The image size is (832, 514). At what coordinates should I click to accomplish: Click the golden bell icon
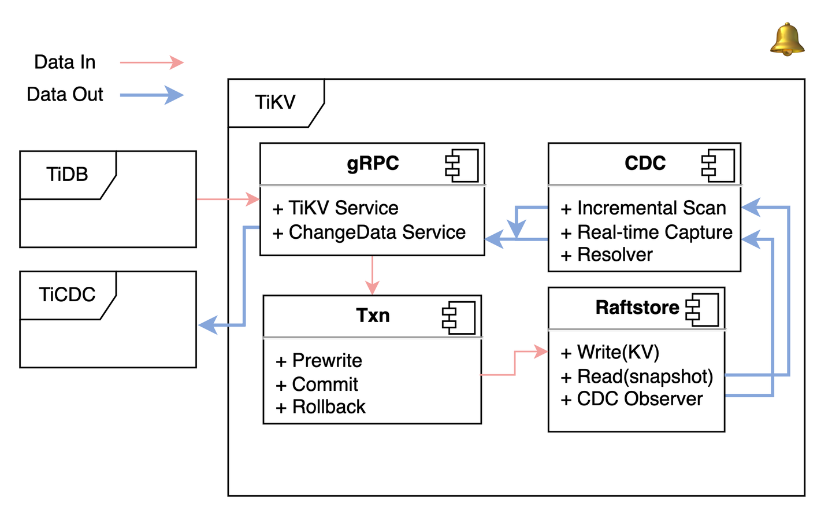(787, 40)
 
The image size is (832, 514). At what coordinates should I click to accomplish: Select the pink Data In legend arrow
(151, 62)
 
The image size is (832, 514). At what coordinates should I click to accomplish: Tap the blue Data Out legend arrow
(151, 95)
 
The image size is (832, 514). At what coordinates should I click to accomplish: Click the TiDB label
(67, 174)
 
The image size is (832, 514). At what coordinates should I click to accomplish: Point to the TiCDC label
(67, 294)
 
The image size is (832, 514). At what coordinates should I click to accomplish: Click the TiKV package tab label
(275, 102)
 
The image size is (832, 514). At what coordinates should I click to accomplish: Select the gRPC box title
(373, 164)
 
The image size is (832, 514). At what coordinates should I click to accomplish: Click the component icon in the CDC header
(718, 165)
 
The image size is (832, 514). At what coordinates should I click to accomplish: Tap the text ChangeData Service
(377, 232)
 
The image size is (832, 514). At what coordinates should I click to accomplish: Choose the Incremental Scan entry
(651, 208)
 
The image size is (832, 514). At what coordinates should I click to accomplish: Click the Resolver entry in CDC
(615, 255)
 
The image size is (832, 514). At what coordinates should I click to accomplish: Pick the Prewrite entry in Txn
(326, 361)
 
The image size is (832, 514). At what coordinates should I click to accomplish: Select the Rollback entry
(329, 407)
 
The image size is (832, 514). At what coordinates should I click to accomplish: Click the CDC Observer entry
(640, 399)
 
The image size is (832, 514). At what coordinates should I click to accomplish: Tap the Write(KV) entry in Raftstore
(618, 352)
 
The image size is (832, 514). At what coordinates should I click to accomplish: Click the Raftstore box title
(637, 308)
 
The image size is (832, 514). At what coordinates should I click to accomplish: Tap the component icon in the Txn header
(459, 317)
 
